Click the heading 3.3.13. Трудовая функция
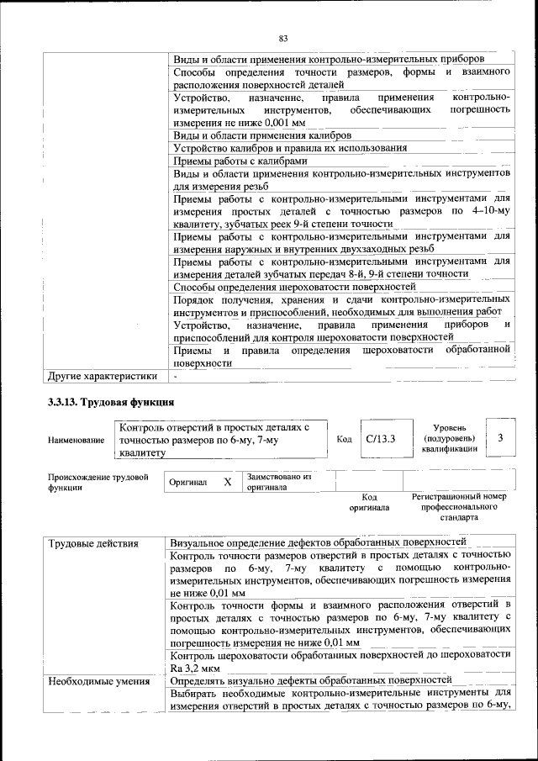(111, 401)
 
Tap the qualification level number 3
(500, 438)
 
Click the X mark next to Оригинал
(227, 483)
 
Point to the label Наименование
(76, 440)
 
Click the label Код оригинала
(369, 502)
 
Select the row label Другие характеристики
(103, 376)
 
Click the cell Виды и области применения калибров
(262, 135)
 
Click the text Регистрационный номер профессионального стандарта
(459, 507)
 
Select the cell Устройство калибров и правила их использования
(290, 147)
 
